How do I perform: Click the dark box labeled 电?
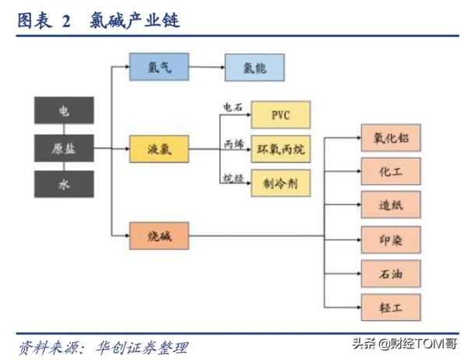pos(64,110)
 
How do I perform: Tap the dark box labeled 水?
pos(64,184)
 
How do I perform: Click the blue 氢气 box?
pos(158,68)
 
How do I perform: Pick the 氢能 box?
pos(255,68)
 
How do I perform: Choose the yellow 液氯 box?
pos(158,149)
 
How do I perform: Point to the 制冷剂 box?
pos(280,183)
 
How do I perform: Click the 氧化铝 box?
pos(391,137)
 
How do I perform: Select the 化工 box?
pos(391,170)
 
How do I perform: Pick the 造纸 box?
pos(391,204)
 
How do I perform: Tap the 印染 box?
pos(391,238)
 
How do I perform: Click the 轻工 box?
pos(391,306)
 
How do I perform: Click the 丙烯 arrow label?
pos(233,143)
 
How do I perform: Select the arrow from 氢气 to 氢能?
pos(206,68)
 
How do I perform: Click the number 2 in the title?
pos(66,21)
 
